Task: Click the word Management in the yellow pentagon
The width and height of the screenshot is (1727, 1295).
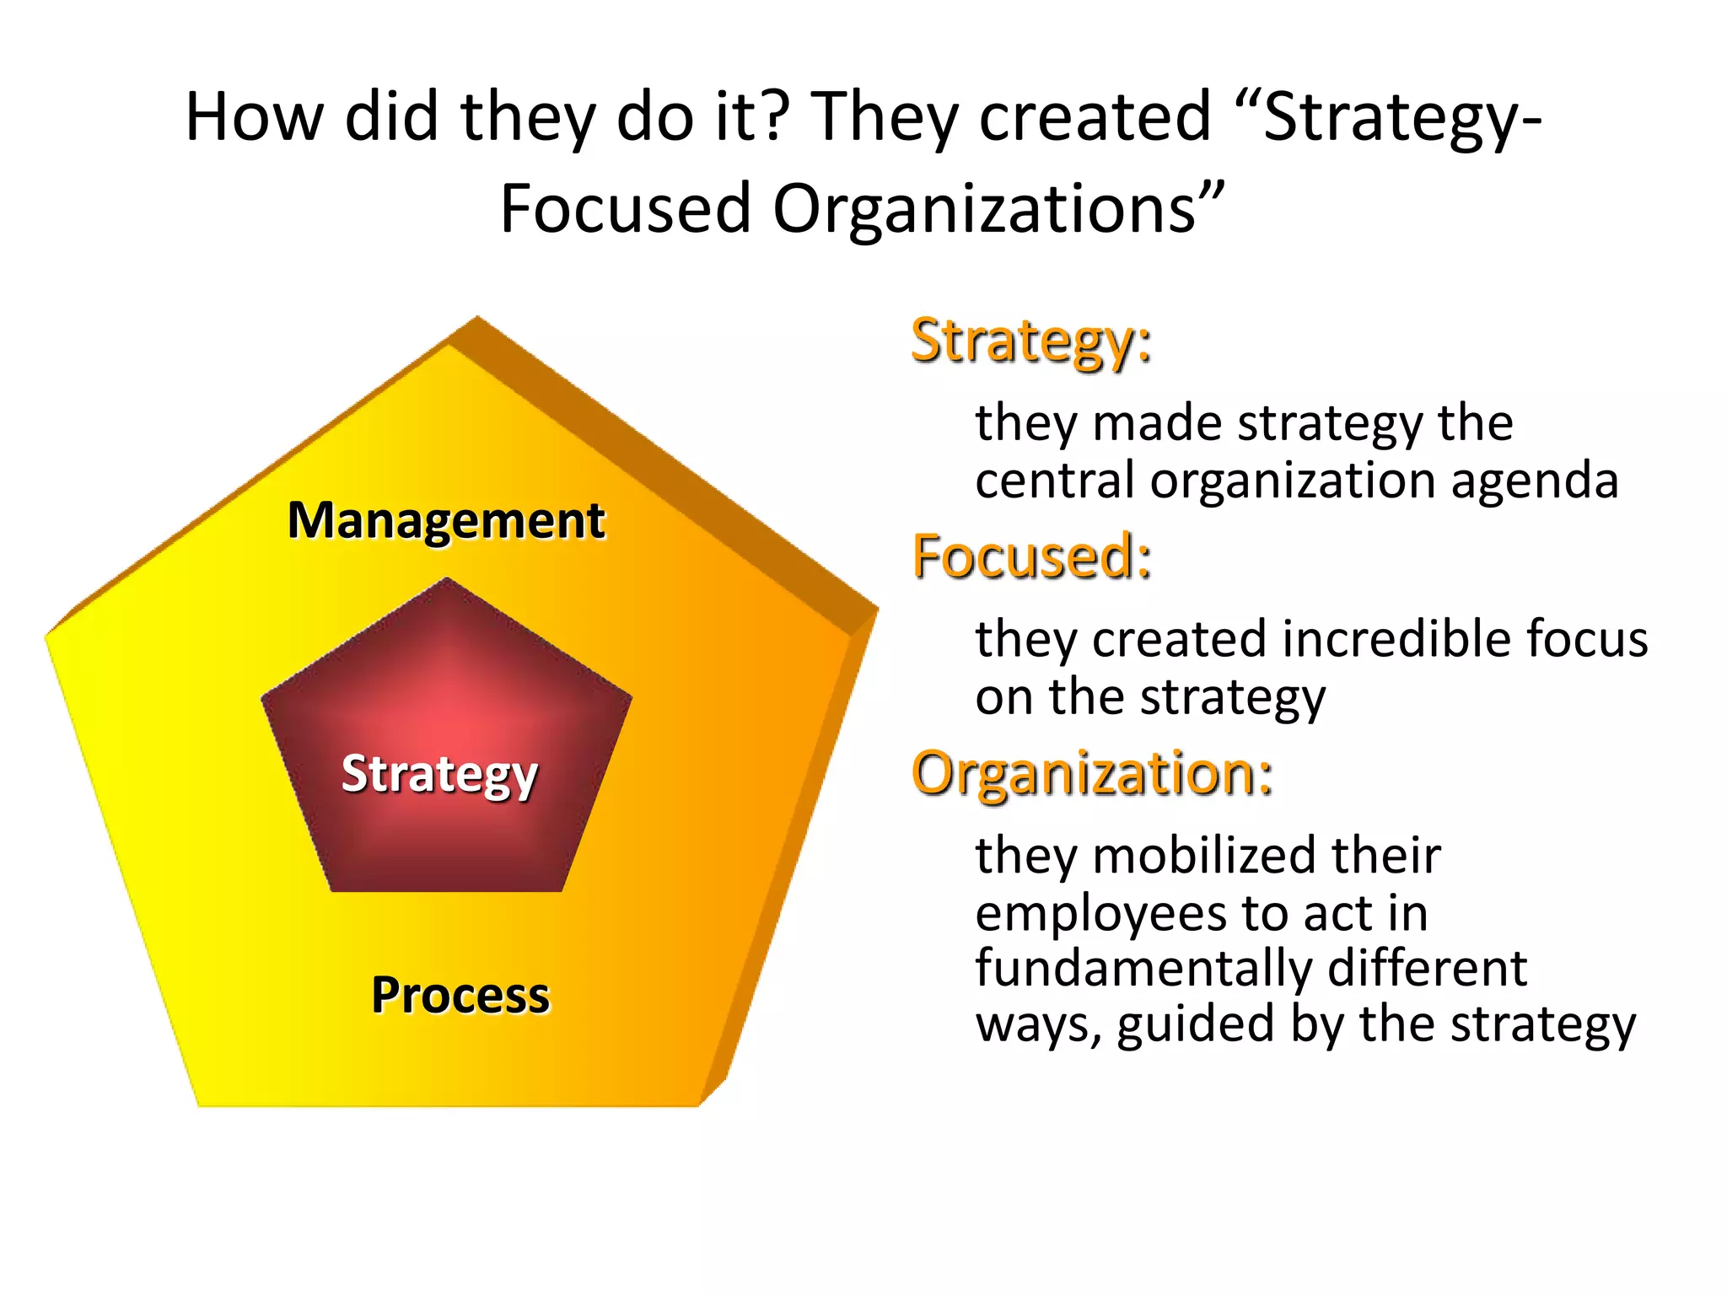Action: point(446,520)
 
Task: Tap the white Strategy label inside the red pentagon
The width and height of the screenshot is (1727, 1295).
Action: point(439,774)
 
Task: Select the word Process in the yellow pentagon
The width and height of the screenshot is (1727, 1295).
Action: point(460,995)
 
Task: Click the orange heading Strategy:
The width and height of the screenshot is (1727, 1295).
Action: point(1031,341)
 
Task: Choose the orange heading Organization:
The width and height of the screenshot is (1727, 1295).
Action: point(1092,774)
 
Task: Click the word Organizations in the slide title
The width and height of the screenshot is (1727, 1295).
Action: point(984,208)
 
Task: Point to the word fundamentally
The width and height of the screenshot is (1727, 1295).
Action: point(1143,968)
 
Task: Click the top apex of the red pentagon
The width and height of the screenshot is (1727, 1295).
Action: point(447,579)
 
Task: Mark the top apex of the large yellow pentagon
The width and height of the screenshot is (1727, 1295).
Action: point(477,318)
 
